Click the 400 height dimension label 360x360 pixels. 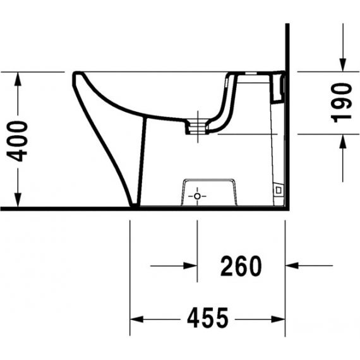17,141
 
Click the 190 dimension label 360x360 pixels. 342,103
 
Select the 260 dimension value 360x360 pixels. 241,266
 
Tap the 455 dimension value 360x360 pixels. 208,318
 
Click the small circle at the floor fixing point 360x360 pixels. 197,196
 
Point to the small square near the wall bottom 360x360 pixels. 279,190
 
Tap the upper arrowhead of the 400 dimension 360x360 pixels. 18,79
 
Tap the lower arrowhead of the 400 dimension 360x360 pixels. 18,200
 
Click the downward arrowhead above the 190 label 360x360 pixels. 343,65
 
